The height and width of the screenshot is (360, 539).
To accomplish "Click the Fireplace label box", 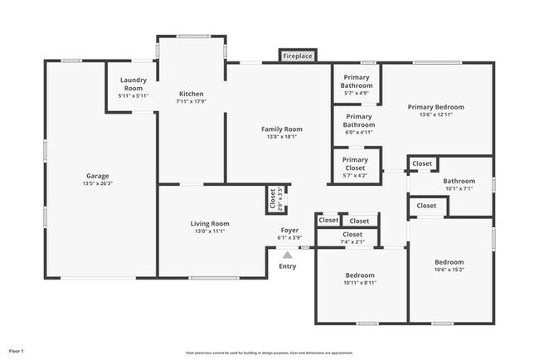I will click(x=298, y=56).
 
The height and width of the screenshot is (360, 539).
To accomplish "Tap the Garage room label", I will click(x=98, y=176).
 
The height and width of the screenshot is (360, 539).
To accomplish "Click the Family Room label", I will click(x=282, y=129).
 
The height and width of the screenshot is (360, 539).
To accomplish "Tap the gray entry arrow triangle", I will click(x=288, y=255).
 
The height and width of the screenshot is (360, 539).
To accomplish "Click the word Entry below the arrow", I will click(x=288, y=266).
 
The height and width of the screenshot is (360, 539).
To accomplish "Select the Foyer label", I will click(x=289, y=230).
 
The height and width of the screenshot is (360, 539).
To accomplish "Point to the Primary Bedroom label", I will click(x=435, y=107).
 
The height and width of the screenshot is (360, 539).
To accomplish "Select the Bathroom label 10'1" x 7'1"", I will click(x=459, y=181).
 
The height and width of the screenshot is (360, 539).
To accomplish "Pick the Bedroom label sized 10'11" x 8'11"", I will click(x=360, y=275).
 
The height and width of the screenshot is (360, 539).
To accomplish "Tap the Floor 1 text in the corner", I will click(x=16, y=351).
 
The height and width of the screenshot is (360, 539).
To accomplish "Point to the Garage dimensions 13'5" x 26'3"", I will click(x=98, y=184).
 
